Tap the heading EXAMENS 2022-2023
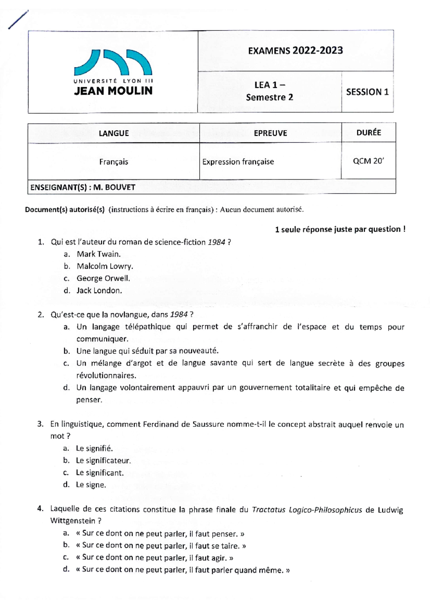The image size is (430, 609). [x=295, y=50]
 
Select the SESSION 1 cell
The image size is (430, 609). [x=367, y=92]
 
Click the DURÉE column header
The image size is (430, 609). [x=368, y=133]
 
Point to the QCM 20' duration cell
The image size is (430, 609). [x=368, y=161]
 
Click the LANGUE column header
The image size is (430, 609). [x=114, y=133]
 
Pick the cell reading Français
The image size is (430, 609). [x=114, y=162]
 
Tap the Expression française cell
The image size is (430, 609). [x=238, y=162]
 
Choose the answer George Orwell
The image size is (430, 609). [x=103, y=278]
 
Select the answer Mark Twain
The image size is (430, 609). [x=99, y=254]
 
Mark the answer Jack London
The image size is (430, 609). [x=99, y=291]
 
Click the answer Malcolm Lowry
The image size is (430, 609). [x=105, y=266]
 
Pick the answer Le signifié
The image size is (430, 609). [x=94, y=448]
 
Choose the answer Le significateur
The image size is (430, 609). [x=103, y=461]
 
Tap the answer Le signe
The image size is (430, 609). [x=91, y=485]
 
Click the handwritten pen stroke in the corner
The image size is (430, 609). [x=18, y=20]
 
